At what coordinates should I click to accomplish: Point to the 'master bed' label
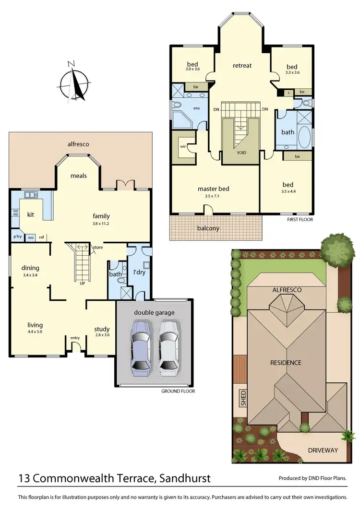coord(213,189)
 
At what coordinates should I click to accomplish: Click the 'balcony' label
coord(208,228)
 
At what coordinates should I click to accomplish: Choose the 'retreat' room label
coord(242,65)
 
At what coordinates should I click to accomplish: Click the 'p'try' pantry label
coord(17,237)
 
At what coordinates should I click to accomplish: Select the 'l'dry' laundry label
coord(139,272)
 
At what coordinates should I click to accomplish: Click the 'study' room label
coord(101,329)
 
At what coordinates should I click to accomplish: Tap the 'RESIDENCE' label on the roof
coord(285,363)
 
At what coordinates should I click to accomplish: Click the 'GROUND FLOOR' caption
coord(179,391)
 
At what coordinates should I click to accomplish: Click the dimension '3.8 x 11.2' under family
coord(101,224)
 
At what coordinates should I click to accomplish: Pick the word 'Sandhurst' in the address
coord(185,478)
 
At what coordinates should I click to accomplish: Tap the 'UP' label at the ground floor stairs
coord(83,283)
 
